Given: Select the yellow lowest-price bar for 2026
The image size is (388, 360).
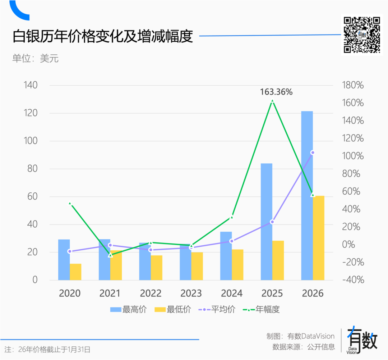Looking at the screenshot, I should click(x=318, y=238).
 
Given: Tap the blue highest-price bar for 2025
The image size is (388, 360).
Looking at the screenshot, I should click(x=266, y=222).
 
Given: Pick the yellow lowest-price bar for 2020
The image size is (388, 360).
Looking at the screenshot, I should click(x=75, y=272).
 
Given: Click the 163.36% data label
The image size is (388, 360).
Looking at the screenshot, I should click(x=276, y=92).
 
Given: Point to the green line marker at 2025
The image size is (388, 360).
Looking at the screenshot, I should click(x=272, y=101).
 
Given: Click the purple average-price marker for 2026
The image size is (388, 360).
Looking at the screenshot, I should click(x=313, y=152).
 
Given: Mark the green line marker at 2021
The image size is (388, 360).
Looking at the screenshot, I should click(x=110, y=255).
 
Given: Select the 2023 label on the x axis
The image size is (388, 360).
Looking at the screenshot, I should click(x=191, y=293).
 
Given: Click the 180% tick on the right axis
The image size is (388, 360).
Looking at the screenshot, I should click(x=354, y=85).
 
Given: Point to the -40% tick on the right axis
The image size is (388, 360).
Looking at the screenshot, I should click(x=353, y=280).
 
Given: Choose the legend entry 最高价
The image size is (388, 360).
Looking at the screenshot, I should click(x=128, y=309).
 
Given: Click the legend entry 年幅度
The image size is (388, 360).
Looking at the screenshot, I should click(x=262, y=309).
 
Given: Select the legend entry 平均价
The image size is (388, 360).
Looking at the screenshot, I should click(x=217, y=309).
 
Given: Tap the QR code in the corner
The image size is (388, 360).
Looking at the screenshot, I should click(x=361, y=35).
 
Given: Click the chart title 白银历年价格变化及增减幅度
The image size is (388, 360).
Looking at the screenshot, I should click(x=103, y=37).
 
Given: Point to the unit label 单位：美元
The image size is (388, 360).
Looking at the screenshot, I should click(x=35, y=59).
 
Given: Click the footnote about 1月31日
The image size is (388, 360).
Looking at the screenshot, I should click(x=47, y=349).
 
